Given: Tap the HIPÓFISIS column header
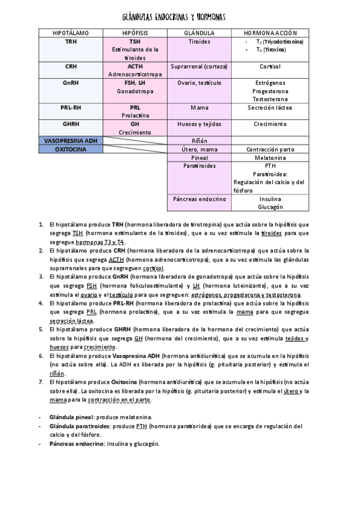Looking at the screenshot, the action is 134,32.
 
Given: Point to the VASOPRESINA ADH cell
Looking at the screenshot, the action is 71,140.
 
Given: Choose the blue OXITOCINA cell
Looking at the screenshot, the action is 71,149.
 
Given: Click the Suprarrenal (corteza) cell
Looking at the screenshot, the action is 199,67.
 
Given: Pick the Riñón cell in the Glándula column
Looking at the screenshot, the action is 199,140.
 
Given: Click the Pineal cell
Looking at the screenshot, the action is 199,157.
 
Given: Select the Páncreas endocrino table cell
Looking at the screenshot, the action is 199,198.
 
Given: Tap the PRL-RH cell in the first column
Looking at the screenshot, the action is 71,108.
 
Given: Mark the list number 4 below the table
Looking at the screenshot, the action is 41,304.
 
